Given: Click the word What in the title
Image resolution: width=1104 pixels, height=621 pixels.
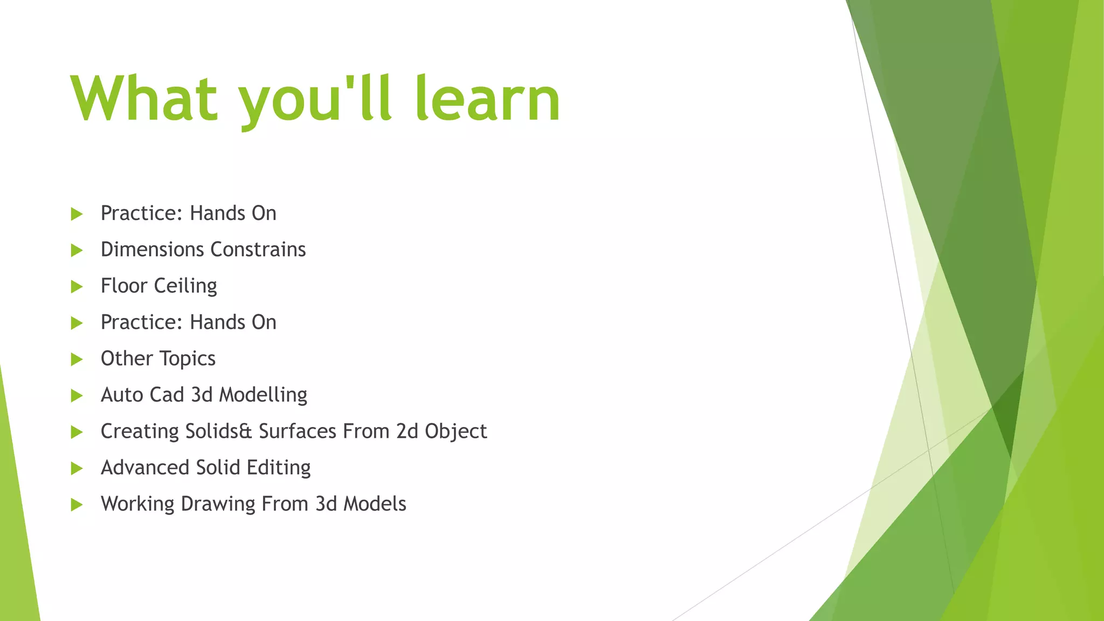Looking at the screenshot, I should (x=144, y=99).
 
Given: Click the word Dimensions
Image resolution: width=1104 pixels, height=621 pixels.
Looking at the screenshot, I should (x=153, y=250).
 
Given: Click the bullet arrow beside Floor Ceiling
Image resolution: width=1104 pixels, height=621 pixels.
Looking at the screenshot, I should (x=77, y=287).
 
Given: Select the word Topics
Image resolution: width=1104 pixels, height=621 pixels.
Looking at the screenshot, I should (x=188, y=359).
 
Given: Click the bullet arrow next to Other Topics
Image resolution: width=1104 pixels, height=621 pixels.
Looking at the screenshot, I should (x=77, y=360).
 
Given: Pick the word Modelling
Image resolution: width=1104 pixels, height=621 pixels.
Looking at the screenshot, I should (x=263, y=395).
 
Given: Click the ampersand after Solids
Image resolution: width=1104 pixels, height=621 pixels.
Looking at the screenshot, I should (x=245, y=432).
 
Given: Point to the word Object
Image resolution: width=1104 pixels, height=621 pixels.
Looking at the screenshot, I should (x=456, y=432).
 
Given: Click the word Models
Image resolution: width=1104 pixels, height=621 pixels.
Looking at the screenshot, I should (x=375, y=504).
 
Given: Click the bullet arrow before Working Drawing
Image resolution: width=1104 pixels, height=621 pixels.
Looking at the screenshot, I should (x=77, y=505).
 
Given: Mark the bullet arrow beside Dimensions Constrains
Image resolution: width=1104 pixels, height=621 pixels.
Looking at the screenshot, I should (x=77, y=250).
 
